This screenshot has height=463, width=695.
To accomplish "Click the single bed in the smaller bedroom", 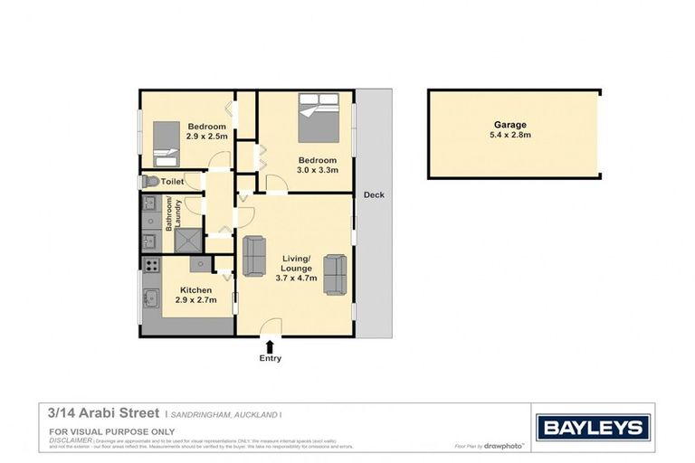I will [x=166, y=146].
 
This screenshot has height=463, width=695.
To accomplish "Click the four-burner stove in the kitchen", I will [x=150, y=267].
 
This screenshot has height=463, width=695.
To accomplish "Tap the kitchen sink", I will [x=151, y=298].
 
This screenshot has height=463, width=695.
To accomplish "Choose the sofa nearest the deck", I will [x=335, y=274].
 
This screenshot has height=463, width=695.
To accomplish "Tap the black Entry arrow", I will [x=270, y=345].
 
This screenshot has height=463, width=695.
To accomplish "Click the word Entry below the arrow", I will [x=270, y=358].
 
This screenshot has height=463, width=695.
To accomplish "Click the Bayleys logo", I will [x=593, y=427].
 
